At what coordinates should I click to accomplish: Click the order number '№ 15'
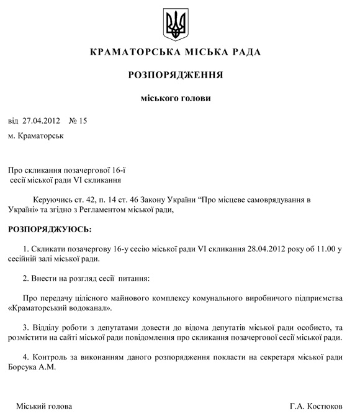pyautogui.click(x=78, y=120)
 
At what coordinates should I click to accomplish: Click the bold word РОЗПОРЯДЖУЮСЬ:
pyautogui.click(x=49, y=229)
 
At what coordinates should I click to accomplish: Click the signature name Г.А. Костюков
pyautogui.click(x=316, y=406)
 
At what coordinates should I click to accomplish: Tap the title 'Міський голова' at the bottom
pyautogui.click(x=44, y=406)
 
